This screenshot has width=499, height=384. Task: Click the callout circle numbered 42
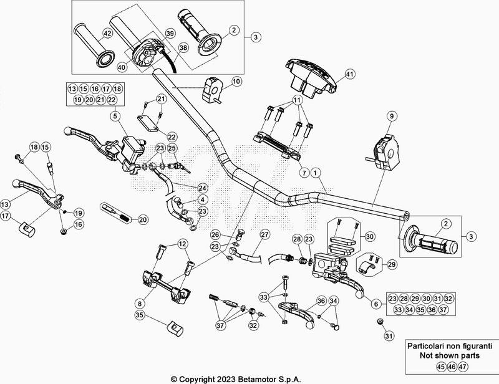(x=108, y=34)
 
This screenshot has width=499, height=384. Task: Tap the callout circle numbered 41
(x=350, y=74)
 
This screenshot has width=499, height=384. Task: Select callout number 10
(x=236, y=82)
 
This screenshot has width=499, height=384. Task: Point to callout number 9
(x=392, y=116)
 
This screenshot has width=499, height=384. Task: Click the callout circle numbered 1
(x=315, y=173)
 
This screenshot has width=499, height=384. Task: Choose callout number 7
(x=304, y=173)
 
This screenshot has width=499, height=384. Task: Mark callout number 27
(x=264, y=234)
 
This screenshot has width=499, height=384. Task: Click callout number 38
(x=183, y=48)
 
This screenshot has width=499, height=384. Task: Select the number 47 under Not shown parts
(x=463, y=367)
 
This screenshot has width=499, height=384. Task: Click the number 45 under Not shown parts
(x=441, y=367)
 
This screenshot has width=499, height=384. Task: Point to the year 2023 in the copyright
(x=226, y=379)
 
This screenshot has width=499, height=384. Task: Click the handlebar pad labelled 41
(x=311, y=77)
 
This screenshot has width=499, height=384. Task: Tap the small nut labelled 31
(x=379, y=321)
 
